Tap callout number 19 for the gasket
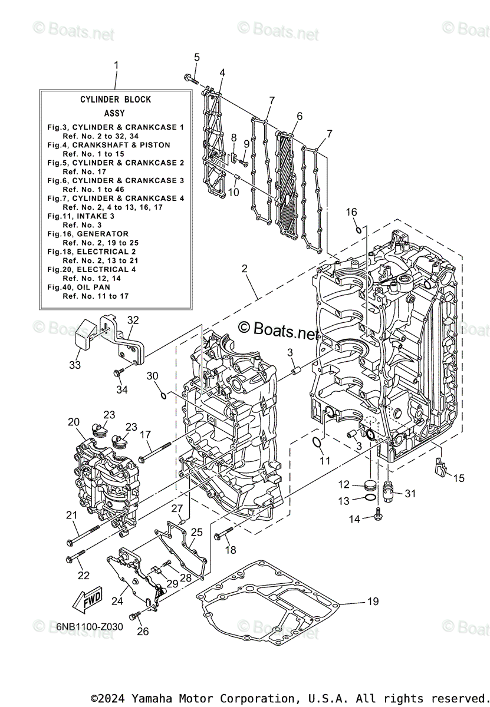coord(372,602)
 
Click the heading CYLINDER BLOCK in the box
coord(116,100)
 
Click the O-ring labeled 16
coord(359,229)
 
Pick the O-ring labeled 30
coord(164,394)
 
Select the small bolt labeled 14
coord(378,518)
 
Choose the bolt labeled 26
coord(137,615)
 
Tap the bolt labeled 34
coord(119,372)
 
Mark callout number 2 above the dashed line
coord(245,269)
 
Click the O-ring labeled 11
coord(317,443)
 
